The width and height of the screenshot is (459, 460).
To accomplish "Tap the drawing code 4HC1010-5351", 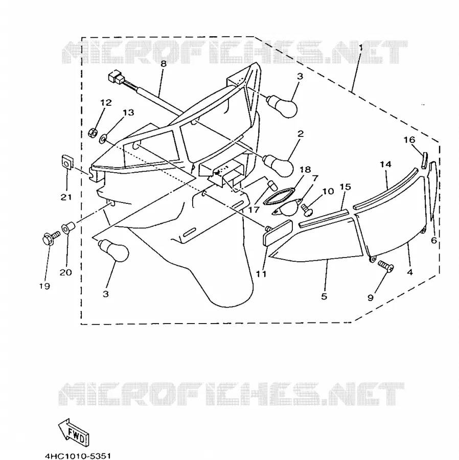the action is [78, 456].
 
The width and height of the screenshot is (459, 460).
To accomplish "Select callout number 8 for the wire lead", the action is [164, 64].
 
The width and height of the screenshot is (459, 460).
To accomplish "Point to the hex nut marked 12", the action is [93, 133].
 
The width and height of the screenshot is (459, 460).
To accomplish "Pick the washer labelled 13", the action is [103, 139].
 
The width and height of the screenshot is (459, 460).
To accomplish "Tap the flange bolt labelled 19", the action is [51, 237].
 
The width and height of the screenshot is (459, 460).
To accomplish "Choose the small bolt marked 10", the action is [307, 210].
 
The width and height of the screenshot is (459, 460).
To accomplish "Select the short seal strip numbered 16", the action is [425, 159].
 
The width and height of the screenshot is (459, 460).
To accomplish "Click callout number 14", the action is [385, 164].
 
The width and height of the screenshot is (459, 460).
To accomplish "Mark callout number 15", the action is [346, 187].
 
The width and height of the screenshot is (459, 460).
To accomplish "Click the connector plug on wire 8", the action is [115, 77].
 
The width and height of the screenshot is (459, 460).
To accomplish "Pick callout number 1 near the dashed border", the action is [361, 48].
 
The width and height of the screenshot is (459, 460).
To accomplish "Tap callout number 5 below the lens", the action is [324, 296].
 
